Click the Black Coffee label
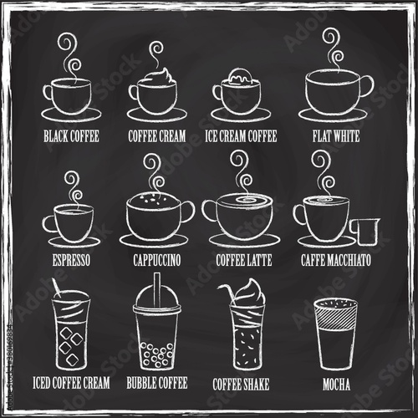coord(71,136)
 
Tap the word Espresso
coord(71,260)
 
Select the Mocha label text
coord(336,385)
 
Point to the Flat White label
coord(336,136)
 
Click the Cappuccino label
coord(157,260)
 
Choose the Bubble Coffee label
coord(157,383)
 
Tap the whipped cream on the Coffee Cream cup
coord(160,76)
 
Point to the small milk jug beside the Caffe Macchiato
coord(365,232)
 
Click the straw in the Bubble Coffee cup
coord(157,290)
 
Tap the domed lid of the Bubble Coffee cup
coord(157,297)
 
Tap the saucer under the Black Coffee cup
coord(71,115)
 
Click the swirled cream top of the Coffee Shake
coord(249,294)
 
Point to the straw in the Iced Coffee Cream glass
coord(57,288)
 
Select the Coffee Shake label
coord(241,385)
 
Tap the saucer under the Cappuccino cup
coord(154,240)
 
